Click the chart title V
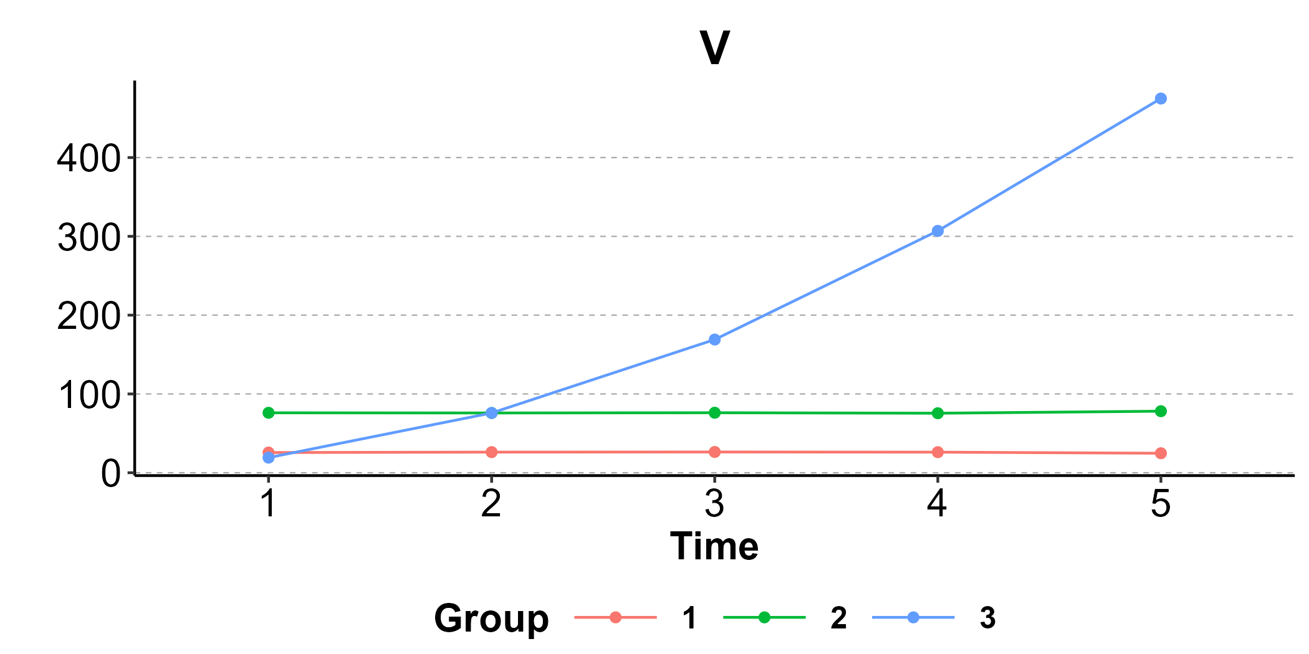click(714, 48)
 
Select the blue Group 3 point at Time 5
click(1161, 98)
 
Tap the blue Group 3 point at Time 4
click(937, 231)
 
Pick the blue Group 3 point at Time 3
click(715, 339)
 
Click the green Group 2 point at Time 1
click(269, 413)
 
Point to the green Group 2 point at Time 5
click(1161, 411)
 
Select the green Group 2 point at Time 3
click(715, 413)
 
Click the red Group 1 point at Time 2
click(492, 452)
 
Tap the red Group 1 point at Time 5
click(1161, 453)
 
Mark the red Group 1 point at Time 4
click(937, 452)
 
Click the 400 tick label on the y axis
click(89, 158)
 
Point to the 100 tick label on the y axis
click(89, 395)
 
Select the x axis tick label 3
click(715, 503)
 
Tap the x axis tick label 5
click(1161, 503)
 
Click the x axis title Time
click(714, 547)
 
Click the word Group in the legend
click(491, 619)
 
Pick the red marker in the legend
click(616, 617)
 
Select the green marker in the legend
click(764, 617)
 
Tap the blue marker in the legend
click(913, 617)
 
